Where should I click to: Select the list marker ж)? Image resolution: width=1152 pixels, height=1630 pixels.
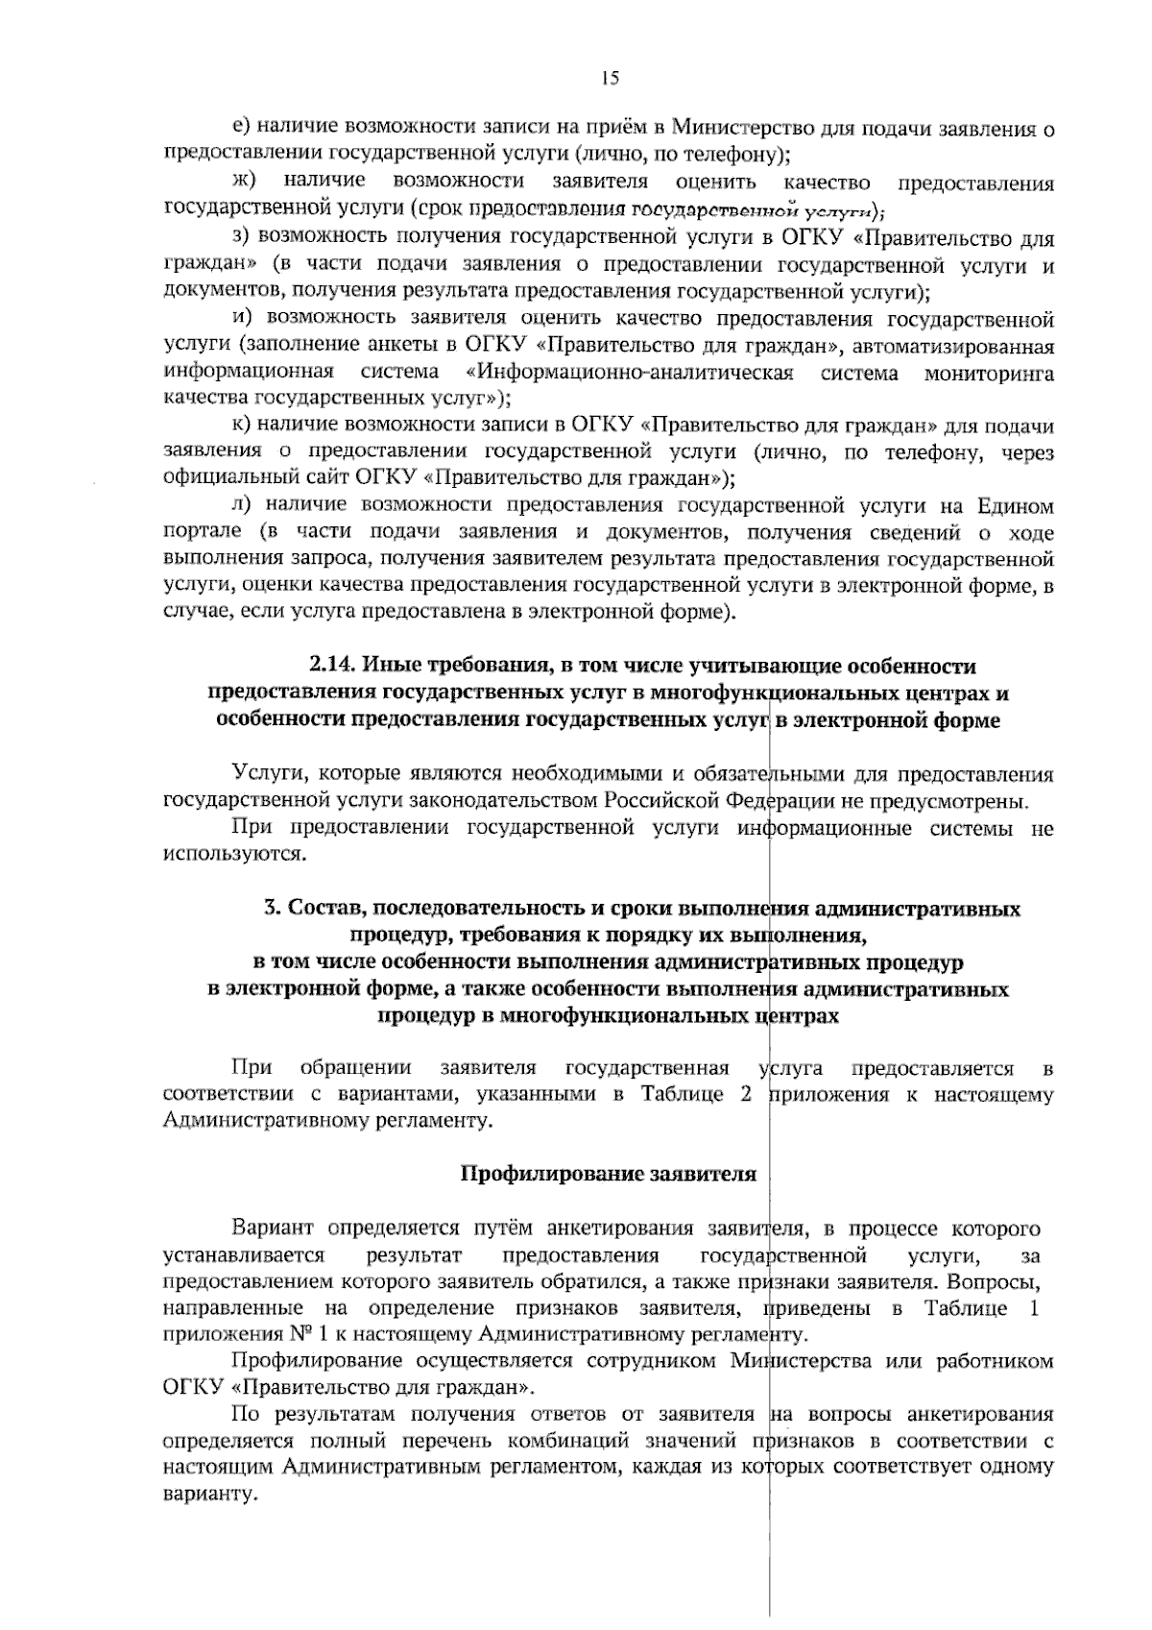(243, 182)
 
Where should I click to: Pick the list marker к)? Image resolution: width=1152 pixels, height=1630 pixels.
(241, 426)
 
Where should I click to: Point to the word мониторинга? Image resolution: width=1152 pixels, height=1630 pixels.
(989, 373)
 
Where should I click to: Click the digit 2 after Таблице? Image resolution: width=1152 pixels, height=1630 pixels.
(745, 1095)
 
